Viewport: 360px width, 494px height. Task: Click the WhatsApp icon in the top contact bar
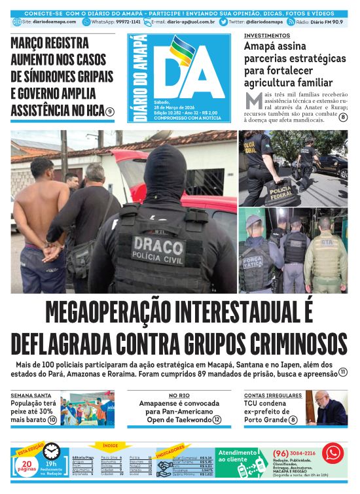coord(86,22)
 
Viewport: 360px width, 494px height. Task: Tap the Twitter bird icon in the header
coord(224,22)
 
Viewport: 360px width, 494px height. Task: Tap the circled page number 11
coord(342,372)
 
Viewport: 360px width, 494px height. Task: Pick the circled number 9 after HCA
coord(111,112)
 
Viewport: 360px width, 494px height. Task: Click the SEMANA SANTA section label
coord(31,395)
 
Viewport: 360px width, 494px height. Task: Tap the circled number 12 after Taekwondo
coord(217,419)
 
